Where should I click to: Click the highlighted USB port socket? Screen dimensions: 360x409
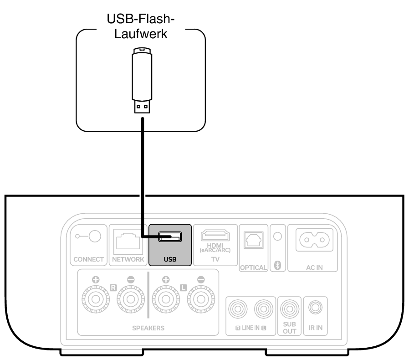(x=169, y=237)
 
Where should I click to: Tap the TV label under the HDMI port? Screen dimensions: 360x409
(x=215, y=259)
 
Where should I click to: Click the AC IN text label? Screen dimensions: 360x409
(x=315, y=267)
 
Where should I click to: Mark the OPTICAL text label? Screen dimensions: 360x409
(x=253, y=267)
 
